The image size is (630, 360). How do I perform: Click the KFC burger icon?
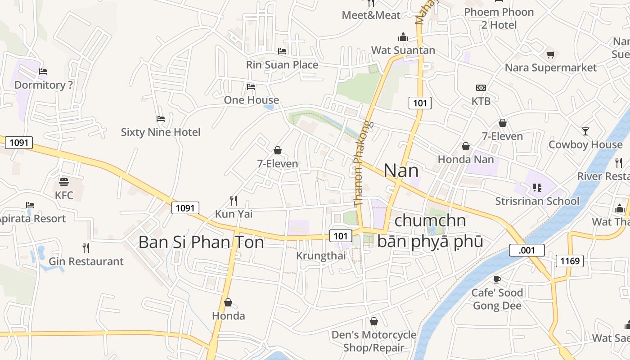[x=64, y=182]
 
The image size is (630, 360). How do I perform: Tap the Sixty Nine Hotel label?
[x=161, y=132]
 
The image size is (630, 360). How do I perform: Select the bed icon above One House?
[x=251, y=86]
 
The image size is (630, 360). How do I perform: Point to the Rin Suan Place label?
[x=282, y=65]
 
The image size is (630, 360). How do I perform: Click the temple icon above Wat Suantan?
[x=403, y=36]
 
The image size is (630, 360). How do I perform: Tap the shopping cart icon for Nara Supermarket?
[x=550, y=55]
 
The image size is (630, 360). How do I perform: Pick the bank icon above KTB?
[x=481, y=88]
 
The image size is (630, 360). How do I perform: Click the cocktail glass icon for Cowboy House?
[x=585, y=131]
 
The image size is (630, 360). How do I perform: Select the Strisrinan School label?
[x=537, y=201]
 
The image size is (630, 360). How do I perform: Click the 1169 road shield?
[x=569, y=261]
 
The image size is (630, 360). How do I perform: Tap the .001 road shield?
[x=527, y=250]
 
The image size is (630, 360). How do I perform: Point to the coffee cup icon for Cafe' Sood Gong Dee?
[x=497, y=279]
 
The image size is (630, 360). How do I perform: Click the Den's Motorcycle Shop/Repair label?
[x=374, y=341]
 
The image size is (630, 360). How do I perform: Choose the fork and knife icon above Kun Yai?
[x=233, y=200]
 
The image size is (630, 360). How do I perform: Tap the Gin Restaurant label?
[x=86, y=261]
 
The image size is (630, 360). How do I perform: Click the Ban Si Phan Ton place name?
[x=201, y=242]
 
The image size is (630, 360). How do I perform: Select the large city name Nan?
[x=401, y=171]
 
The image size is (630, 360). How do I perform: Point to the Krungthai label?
[x=321, y=256]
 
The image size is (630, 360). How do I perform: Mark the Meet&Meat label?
[x=371, y=15]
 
